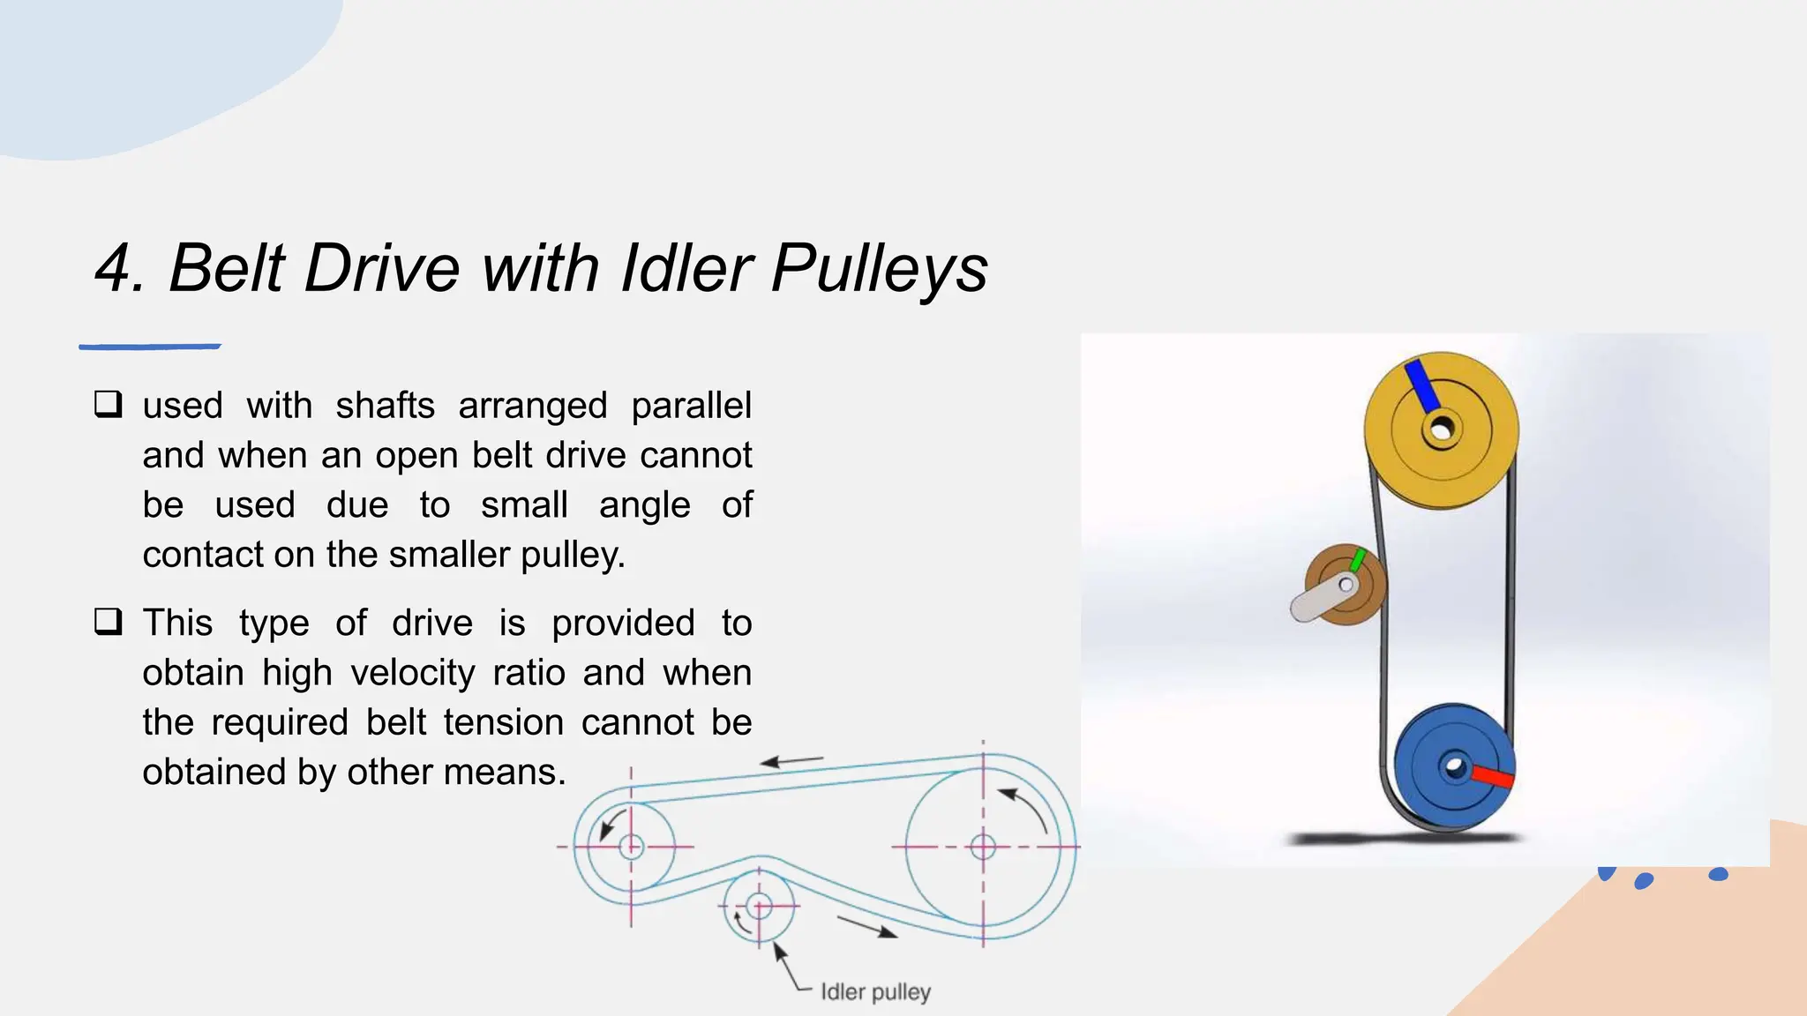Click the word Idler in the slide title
coord(686,268)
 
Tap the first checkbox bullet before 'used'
coord(108,405)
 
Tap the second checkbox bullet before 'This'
coord(108,622)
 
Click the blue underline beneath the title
coord(150,347)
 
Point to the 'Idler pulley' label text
coord(875,992)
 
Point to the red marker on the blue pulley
coord(1492,777)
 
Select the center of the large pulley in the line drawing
coord(983,848)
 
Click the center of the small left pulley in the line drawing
coord(631,847)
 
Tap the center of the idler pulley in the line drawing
coord(759,906)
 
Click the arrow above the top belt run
coord(791,761)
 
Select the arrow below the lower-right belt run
coord(867,927)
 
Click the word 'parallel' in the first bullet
coord(691,406)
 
